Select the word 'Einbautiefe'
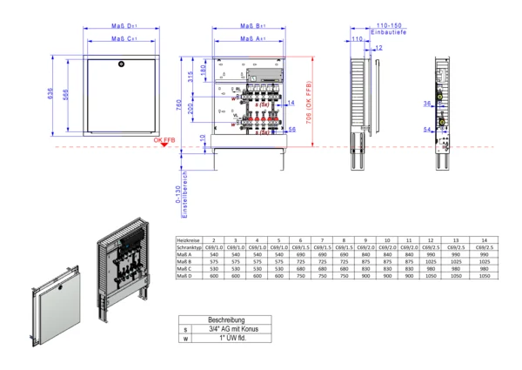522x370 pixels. [x=385, y=32]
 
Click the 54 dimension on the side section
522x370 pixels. [x=427, y=131]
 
